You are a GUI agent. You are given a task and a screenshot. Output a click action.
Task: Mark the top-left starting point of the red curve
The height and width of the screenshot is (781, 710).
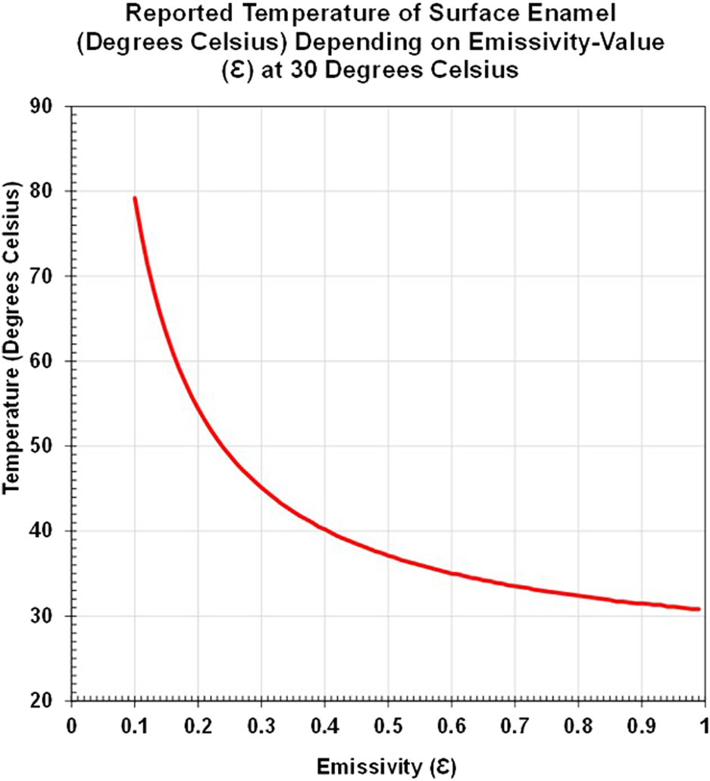(134, 198)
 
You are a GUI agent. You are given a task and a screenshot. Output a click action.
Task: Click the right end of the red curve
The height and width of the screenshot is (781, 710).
(699, 609)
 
